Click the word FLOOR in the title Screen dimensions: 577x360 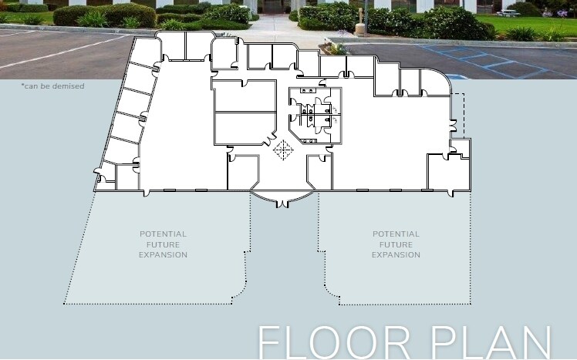coord(334,343)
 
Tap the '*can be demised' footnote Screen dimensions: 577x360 coord(53,86)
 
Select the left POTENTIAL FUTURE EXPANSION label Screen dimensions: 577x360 coord(163,244)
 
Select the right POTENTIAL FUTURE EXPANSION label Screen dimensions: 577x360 coord(396,244)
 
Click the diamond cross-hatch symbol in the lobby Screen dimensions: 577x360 coord(283,150)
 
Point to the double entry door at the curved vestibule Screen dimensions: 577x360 coord(282,204)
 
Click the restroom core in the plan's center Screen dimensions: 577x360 coord(315,115)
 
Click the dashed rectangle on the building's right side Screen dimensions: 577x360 coord(457,116)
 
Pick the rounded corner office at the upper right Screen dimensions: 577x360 coord(435,82)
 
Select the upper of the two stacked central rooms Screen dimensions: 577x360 coord(245,96)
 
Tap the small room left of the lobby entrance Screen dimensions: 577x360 coord(242,173)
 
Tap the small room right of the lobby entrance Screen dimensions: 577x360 coord(319,172)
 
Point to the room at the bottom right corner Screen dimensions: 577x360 coord(449,172)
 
